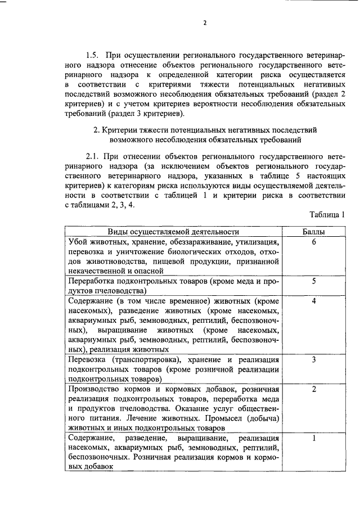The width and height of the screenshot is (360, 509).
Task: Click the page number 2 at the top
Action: [x=205, y=24]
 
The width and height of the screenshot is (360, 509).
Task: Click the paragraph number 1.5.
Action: [x=94, y=56]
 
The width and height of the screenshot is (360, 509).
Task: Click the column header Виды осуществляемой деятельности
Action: [x=174, y=231]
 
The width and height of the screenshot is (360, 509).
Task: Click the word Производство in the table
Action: [x=94, y=389]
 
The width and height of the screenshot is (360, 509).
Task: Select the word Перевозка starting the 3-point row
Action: [x=88, y=359]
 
